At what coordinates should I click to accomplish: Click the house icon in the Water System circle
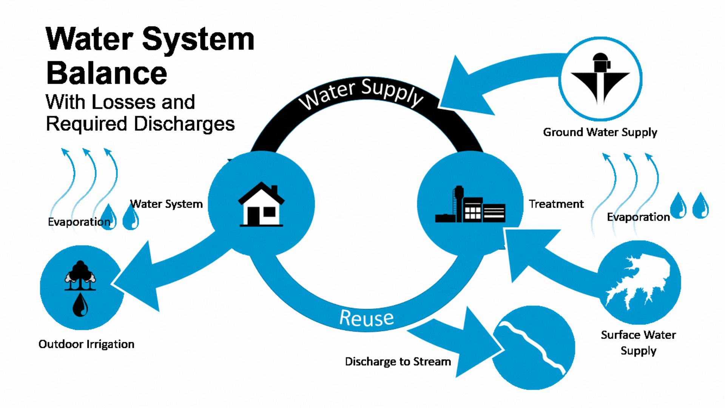pos(261,205)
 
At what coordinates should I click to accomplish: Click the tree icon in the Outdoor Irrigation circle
pos(80,275)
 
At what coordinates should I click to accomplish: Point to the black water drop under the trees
pos(80,305)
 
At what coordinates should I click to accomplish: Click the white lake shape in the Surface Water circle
pos(638,281)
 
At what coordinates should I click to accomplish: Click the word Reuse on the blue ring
pos(366,318)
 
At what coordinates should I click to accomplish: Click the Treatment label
pos(556,204)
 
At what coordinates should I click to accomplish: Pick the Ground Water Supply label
pos(600,132)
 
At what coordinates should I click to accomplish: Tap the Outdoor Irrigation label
pos(86,344)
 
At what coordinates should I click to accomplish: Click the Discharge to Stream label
pos(398,362)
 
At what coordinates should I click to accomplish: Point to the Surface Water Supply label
pos(638,343)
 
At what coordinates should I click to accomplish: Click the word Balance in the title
pos(106,73)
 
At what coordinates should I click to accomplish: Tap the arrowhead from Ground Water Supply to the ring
pos(463,91)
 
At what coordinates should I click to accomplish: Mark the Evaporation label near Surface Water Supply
pos(638,217)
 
